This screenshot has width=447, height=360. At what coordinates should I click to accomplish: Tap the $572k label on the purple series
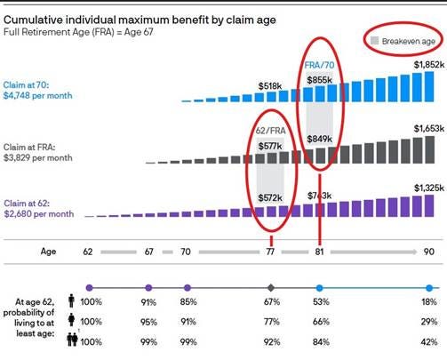pos(270,197)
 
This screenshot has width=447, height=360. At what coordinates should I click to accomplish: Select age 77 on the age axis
pos(270,252)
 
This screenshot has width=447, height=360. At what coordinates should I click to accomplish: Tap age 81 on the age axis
pos(318,252)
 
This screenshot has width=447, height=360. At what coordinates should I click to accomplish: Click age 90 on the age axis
pos(428,252)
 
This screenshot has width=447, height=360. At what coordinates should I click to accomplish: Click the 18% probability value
pos(428,302)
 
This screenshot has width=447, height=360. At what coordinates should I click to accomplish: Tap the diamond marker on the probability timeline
pos(270,287)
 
